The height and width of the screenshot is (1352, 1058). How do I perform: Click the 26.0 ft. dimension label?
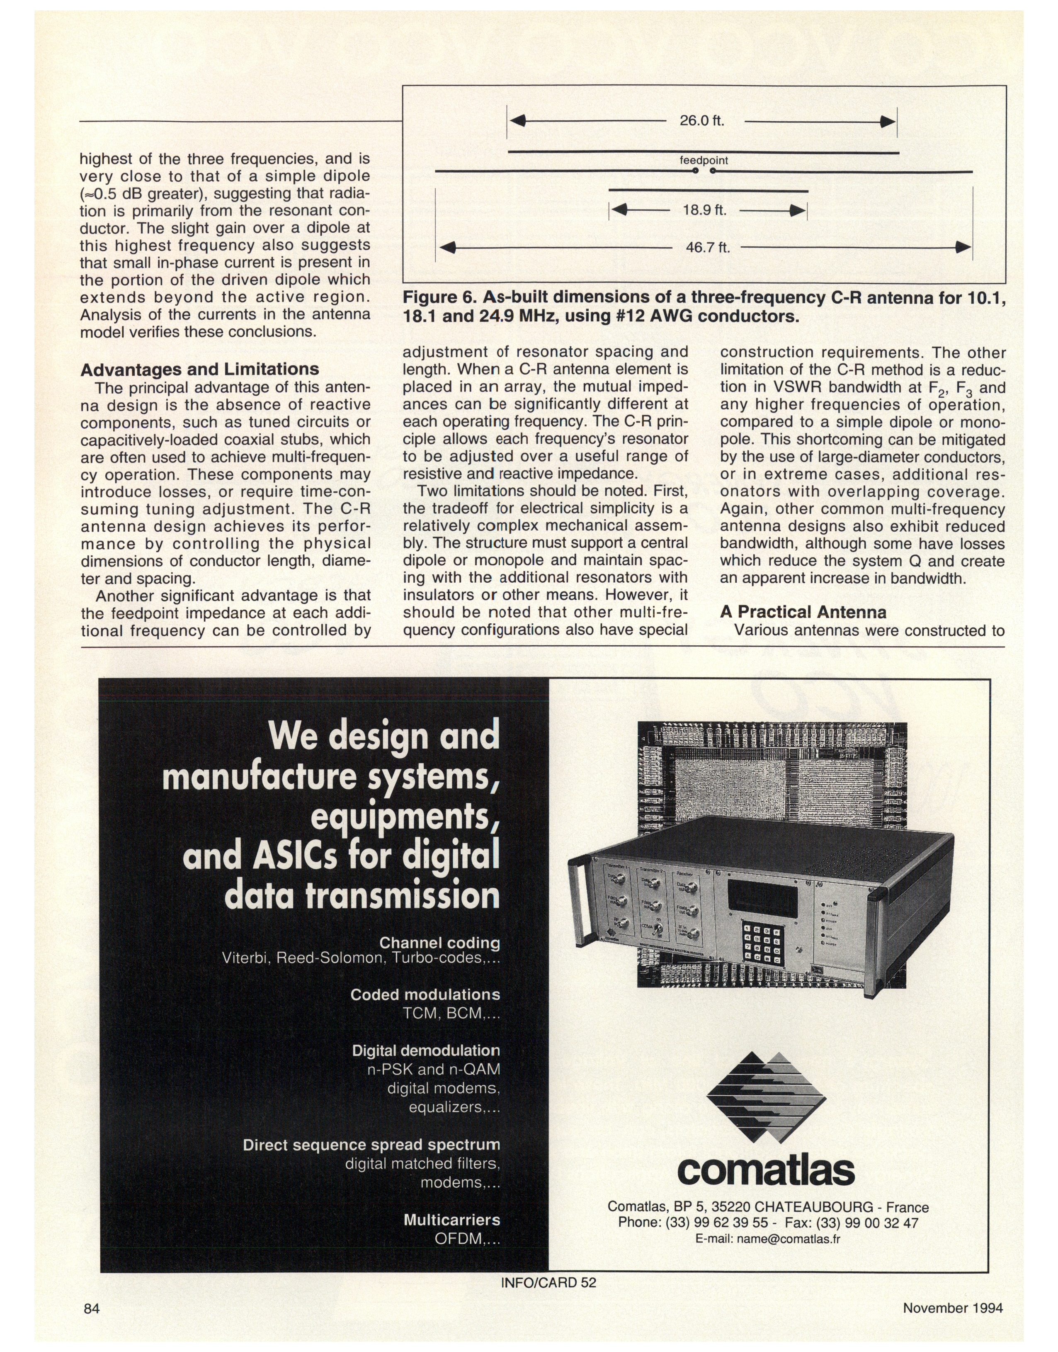(x=702, y=121)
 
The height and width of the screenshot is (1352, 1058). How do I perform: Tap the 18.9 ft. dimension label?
(x=704, y=210)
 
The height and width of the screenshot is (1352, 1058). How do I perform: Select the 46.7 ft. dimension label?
(x=707, y=248)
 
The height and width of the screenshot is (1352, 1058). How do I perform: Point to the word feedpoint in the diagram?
(x=704, y=160)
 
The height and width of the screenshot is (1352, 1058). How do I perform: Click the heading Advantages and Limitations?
(x=199, y=369)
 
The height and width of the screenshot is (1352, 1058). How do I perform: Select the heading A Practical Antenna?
(x=803, y=612)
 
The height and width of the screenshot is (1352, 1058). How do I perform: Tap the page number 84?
(x=92, y=1308)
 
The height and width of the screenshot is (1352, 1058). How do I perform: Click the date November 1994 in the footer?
(x=952, y=1308)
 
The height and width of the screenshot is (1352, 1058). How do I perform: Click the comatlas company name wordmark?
(x=766, y=1170)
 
